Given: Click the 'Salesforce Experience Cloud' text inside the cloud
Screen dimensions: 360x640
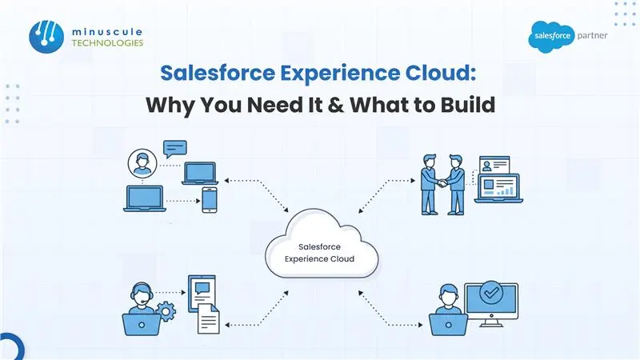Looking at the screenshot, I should [320, 254].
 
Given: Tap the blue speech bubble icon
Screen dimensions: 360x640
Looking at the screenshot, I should [174, 148].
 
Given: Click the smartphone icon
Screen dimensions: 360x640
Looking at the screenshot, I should [210, 199].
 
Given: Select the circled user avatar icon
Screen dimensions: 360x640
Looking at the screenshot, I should [142, 166].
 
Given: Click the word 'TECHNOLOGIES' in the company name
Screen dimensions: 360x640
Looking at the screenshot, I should [106, 43].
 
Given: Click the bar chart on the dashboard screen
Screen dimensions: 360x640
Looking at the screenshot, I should [506, 191].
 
